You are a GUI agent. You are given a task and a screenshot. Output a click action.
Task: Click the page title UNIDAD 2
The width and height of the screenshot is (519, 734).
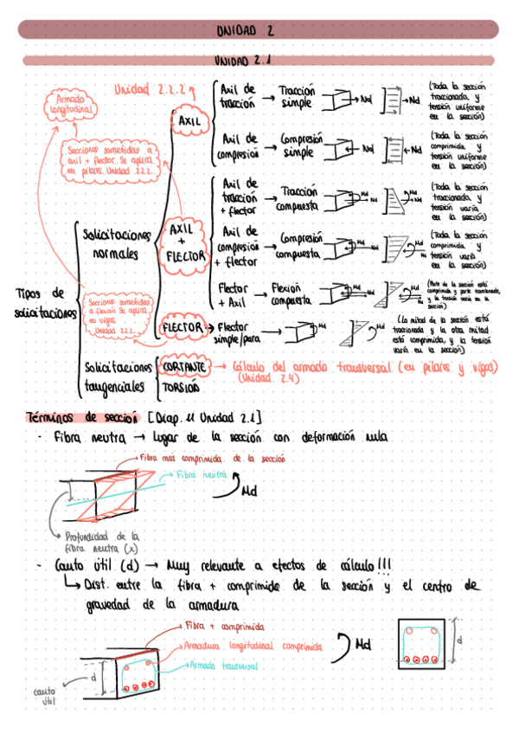coord(245,30)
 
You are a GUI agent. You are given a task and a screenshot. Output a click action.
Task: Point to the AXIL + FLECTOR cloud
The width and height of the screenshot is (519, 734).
coord(185,242)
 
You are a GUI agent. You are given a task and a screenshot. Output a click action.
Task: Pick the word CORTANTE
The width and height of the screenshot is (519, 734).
coord(183,367)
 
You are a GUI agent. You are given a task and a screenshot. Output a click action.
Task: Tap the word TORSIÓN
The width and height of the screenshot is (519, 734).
coord(182,387)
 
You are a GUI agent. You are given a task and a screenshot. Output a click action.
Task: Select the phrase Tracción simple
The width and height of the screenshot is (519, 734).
coord(297,97)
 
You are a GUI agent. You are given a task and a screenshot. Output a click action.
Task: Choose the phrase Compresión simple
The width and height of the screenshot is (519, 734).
coord(299,145)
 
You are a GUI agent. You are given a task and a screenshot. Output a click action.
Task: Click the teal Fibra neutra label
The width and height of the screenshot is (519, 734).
coord(201,476)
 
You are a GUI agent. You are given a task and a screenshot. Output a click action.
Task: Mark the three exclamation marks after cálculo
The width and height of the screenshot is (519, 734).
coord(383,564)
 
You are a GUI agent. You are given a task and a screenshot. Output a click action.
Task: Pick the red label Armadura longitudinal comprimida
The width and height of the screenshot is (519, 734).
coord(252,646)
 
